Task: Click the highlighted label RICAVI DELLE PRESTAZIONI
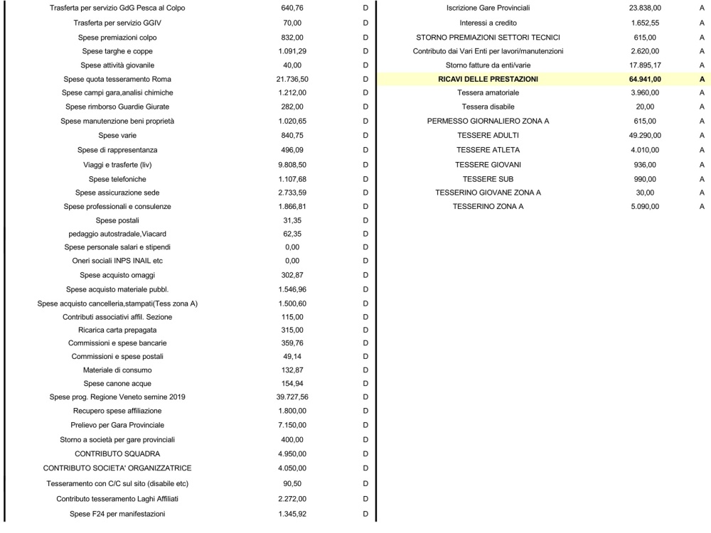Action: (488, 79)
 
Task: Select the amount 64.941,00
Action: (645, 79)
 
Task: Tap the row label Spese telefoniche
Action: (117, 179)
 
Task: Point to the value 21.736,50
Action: (292, 79)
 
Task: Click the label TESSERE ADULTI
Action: (488, 135)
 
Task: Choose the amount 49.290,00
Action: (645, 135)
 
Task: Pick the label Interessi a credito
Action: (488, 23)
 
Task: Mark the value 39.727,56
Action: (292, 397)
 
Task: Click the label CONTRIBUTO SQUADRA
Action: (117, 453)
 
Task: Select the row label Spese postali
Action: (117, 220)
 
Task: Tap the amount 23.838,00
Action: (645, 9)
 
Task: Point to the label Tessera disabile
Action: (488, 107)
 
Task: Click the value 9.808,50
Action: (292, 165)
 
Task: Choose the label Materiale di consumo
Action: (117, 370)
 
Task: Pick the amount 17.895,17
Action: (645, 65)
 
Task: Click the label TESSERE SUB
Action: (488, 178)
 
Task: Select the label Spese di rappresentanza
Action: (117, 150)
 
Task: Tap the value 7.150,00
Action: (292, 425)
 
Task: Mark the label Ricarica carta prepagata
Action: (117, 330)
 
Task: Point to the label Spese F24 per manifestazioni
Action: (117, 513)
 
